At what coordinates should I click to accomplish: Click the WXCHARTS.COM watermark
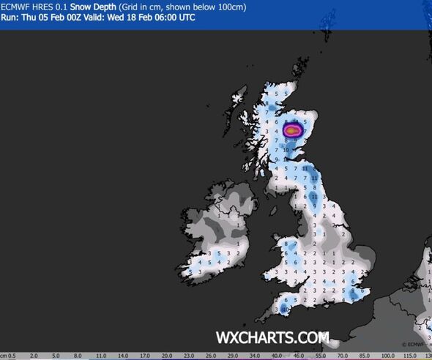[x=272, y=338]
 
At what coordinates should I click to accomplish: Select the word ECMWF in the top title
[x=17, y=7]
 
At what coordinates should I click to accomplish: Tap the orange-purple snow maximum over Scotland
[x=292, y=130]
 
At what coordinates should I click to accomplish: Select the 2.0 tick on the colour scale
[x=34, y=355]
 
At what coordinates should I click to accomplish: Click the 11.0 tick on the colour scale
[x=103, y=355]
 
